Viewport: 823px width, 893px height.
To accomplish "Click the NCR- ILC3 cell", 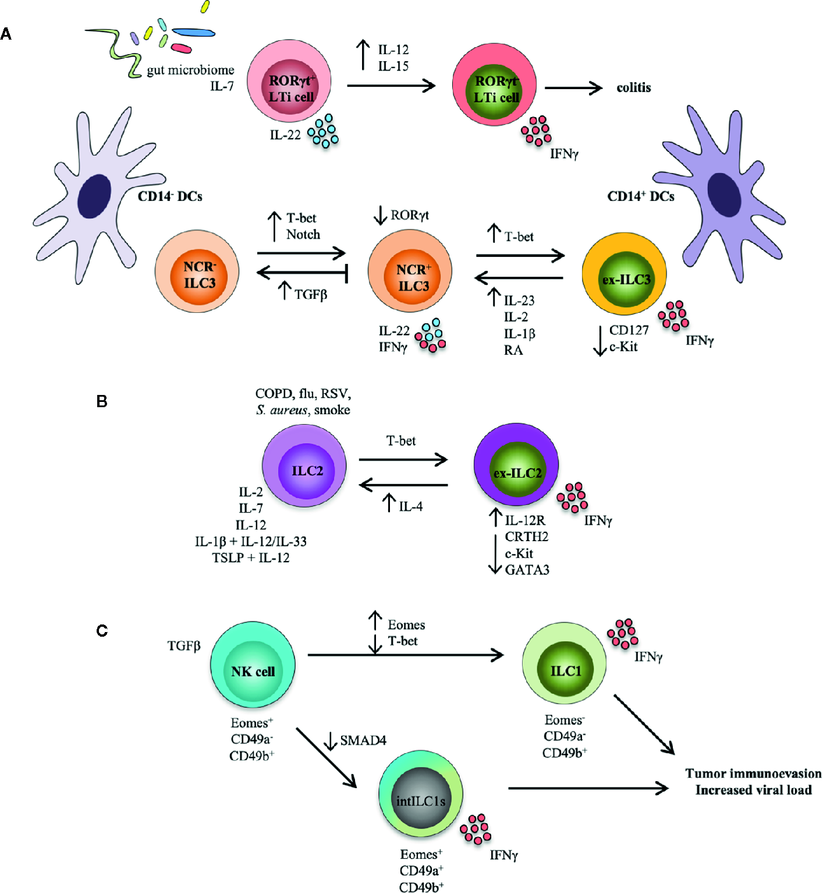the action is click(x=197, y=272).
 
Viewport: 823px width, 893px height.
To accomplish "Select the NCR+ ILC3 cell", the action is click(x=410, y=271).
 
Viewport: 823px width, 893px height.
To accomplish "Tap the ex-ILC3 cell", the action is click(x=624, y=274).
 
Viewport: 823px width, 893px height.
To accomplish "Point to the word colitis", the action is click(x=634, y=87).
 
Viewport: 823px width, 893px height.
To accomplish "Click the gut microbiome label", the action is click(x=190, y=70).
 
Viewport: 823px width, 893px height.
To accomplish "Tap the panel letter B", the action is click(x=102, y=401).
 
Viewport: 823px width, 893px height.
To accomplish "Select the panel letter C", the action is click(x=102, y=631).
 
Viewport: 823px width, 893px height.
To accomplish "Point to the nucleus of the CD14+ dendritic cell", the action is click(x=725, y=195).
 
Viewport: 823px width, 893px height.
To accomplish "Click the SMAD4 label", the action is click(x=363, y=740).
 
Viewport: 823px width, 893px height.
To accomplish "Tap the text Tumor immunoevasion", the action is click(x=753, y=774).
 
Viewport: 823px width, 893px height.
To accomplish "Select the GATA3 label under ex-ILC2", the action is click(x=527, y=570).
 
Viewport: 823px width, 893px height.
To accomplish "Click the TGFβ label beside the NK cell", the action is click(x=184, y=646).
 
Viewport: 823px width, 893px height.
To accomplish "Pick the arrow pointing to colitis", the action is click(x=573, y=88).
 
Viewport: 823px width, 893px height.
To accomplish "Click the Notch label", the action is click(x=303, y=234).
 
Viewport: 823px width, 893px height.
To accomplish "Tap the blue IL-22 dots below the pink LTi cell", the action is click(x=323, y=131).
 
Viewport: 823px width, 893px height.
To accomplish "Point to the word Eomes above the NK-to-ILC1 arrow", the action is click(x=406, y=625).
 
